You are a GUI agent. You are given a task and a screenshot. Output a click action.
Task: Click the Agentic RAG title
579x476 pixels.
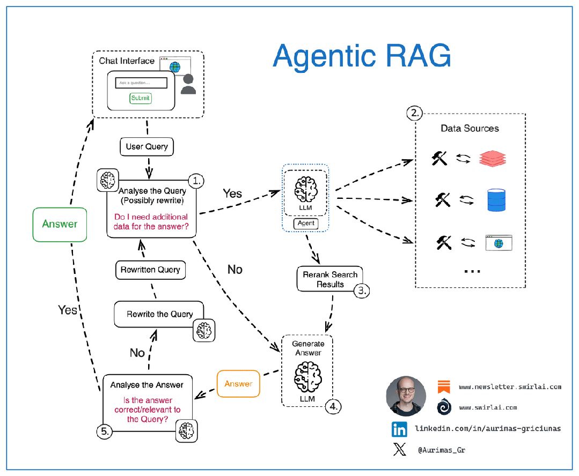tap(361, 56)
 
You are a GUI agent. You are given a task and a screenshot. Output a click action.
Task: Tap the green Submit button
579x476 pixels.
tap(141, 98)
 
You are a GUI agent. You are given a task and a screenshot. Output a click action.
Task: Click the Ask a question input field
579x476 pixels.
tap(141, 83)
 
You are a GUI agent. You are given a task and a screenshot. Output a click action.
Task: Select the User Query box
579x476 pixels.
tap(146, 146)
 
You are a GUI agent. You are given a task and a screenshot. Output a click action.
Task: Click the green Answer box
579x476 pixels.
tap(60, 224)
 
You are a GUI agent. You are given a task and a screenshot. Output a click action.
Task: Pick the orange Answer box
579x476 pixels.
tap(238, 384)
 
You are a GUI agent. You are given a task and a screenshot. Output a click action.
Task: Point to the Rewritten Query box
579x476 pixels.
tap(150, 270)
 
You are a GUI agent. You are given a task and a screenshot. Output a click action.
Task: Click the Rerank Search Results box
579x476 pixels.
tap(330, 279)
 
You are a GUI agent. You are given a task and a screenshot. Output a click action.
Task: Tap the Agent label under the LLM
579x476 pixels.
tap(306, 223)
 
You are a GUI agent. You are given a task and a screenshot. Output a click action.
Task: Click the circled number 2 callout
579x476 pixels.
tap(415, 113)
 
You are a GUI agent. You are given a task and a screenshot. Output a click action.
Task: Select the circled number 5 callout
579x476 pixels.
tap(105, 430)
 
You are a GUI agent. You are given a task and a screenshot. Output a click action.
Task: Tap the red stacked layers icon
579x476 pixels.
tap(493, 158)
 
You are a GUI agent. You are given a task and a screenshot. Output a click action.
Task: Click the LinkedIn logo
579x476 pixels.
tap(399, 429)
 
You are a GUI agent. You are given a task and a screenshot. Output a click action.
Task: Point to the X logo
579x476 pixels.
tap(399, 450)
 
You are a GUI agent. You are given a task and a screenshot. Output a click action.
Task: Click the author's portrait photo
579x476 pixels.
tap(406, 396)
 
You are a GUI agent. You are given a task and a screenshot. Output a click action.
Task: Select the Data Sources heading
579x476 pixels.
tap(470, 128)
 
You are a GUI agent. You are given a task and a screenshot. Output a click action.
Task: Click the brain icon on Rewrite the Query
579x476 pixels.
tap(204, 330)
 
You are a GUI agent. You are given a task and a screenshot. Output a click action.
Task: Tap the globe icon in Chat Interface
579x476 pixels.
tap(174, 68)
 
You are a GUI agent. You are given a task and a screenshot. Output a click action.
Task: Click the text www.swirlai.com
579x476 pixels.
tap(488, 407)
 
